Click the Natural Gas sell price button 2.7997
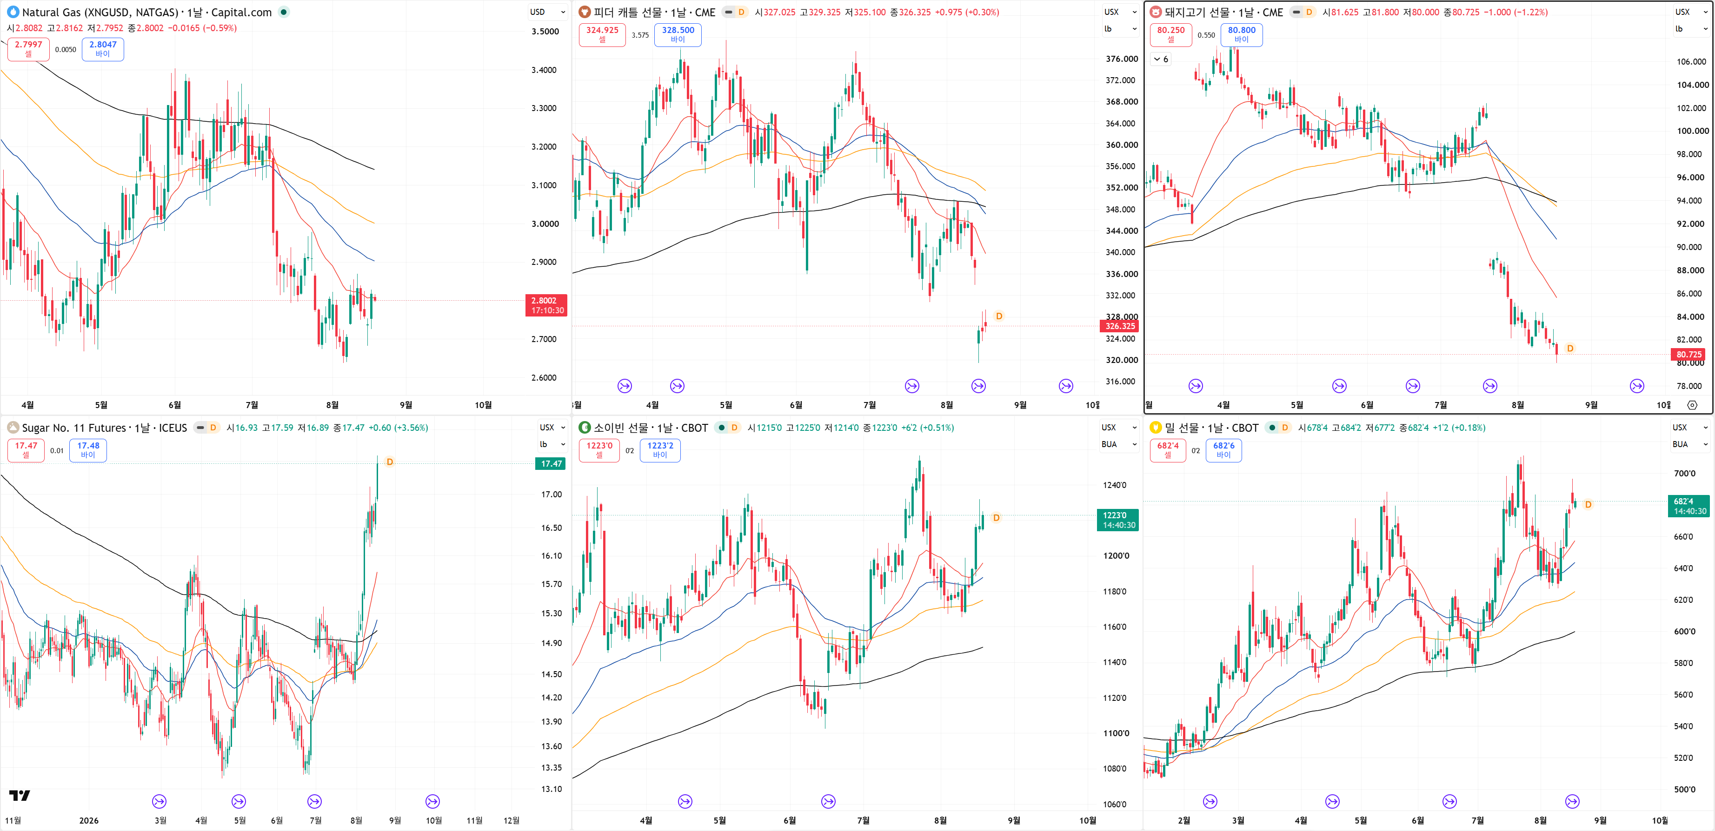click(x=29, y=49)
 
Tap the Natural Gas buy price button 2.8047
click(x=102, y=49)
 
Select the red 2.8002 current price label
click(x=546, y=305)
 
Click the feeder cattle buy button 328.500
click(x=678, y=34)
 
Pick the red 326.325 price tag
click(x=1120, y=326)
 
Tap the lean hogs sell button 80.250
click(x=1170, y=34)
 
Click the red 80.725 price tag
click(x=1689, y=355)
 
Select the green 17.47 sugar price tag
click(x=551, y=464)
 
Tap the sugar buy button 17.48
click(x=88, y=450)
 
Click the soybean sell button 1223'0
click(x=599, y=450)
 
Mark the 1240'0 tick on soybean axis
click(x=1115, y=485)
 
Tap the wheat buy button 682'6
click(x=1223, y=450)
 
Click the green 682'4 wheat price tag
click(x=1688, y=506)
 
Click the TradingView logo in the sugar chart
click(x=20, y=796)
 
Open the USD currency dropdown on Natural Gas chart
click(x=547, y=12)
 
